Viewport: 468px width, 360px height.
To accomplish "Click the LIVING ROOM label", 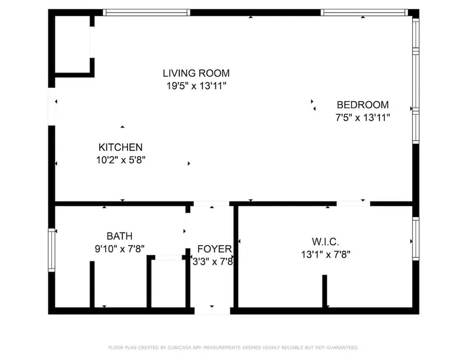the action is pos(196,73).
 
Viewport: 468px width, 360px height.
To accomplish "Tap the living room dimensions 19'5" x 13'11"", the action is pos(196,86).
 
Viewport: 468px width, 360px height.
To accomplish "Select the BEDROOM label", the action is pos(363,105).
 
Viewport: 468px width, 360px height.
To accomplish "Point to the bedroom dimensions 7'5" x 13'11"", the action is pos(363,118).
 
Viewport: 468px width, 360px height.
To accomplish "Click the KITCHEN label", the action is pos(120,147).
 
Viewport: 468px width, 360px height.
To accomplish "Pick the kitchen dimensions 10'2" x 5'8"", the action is pos(120,160).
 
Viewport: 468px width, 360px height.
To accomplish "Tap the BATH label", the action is pos(119,236).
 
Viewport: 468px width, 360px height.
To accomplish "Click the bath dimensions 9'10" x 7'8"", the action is pos(119,249).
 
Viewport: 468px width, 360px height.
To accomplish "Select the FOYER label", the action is pos(214,249).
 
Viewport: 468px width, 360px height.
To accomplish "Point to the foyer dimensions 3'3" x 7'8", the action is pos(212,261).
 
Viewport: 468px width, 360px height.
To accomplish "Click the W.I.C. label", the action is pos(325,242).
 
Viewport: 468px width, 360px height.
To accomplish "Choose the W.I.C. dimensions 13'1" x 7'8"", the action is pos(325,254).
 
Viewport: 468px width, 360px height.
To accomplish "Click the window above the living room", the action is pos(147,12).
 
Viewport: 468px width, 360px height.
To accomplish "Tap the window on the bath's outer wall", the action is pos(52,250).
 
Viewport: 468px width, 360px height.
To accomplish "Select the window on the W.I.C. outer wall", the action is pos(416,239).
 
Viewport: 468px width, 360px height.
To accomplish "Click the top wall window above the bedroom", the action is pos(364,12).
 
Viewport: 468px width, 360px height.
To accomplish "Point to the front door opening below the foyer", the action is pos(212,311).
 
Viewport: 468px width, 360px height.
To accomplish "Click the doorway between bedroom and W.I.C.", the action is pos(353,204).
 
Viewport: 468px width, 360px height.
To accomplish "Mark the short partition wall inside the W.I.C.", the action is pos(325,291).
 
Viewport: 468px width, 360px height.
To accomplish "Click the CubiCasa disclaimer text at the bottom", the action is pos(233,347).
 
